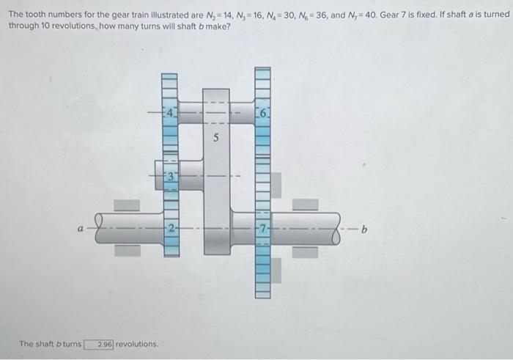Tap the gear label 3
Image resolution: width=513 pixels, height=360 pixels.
(x=170, y=176)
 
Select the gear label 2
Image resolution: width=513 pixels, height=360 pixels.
(x=170, y=227)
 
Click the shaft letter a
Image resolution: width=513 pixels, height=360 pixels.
(x=81, y=228)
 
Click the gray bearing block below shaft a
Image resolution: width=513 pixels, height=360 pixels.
(x=126, y=250)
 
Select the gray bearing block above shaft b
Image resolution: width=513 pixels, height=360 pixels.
(x=306, y=205)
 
